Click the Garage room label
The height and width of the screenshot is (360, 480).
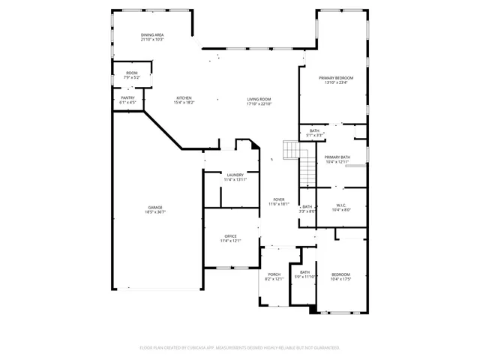coord(155,207)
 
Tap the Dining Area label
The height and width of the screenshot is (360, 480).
coord(152,35)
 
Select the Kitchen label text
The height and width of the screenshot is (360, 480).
coord(184,98)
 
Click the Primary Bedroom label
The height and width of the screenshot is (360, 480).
coord(335,78)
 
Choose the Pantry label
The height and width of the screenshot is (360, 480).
coord(127,98)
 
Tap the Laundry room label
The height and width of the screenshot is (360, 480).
coord(235,175)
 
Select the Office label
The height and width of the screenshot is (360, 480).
coord(230,236)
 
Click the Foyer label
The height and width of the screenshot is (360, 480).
coord(278,199)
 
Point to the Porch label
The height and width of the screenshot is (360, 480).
coord(274,274)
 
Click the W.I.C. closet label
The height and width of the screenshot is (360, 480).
coord(340,205)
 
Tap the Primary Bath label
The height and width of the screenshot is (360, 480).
coord(337,157)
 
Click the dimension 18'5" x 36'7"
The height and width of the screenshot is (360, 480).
coord(155,212)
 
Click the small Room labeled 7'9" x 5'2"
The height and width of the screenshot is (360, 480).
coord(132,75)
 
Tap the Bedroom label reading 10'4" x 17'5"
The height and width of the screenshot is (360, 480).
coord(340,277)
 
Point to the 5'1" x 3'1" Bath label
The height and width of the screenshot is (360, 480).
coord(314,133)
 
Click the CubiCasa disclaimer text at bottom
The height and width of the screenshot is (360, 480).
coord(240,347)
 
